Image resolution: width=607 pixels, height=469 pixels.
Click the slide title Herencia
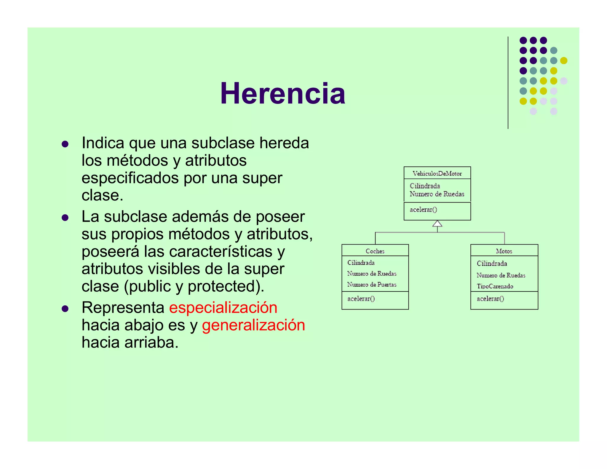pos(282,93)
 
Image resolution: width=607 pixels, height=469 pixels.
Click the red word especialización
pos(223,307)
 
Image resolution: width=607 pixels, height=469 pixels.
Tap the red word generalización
pos(253,325)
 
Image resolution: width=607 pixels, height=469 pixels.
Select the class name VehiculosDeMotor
pos(437,173)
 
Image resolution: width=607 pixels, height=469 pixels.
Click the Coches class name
pos(375,251)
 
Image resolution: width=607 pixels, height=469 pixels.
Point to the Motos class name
pos(504,251)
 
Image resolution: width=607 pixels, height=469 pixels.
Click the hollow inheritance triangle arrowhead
pos(437,224)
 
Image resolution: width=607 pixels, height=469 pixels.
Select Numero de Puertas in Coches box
pos(372,285)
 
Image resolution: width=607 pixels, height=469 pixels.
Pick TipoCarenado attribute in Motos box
pos(495,286)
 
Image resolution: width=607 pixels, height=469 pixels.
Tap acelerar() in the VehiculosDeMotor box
pos(423,210)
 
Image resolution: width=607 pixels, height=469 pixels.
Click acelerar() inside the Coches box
pos(361,299)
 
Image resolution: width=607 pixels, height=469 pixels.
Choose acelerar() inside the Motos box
pos(490,299)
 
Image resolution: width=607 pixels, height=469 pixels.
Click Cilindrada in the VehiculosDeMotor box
pos(425,186)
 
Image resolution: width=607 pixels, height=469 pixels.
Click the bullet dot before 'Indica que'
pos(65,144)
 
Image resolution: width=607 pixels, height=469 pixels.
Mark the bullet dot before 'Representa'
pos(65,309)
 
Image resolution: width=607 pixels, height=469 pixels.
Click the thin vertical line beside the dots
pos(508,83)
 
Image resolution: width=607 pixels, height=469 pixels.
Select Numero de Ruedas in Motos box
pos(501,275)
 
